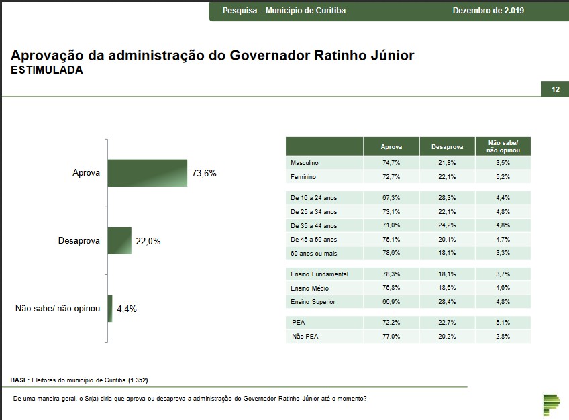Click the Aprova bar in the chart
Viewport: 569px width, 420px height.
[x=147, y=173]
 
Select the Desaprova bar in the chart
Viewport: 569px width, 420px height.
[x=119, y=241]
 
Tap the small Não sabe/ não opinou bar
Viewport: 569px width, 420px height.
[x=110, y=309]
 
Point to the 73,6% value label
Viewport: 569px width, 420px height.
[x=204, y=173]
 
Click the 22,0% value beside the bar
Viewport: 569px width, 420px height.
[x=148, y=241]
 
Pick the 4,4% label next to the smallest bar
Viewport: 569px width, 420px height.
[x=127, y=309]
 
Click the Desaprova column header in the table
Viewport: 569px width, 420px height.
[x=447, y=146]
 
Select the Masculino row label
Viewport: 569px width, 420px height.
[x=305, y=163]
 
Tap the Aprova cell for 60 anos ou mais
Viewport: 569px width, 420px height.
[x=391, y=252]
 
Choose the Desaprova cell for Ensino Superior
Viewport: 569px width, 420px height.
[x=447, y=302]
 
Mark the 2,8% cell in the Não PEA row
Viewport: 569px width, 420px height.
[x=503, y=336]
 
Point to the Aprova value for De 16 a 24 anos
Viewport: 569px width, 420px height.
[x=391, y=198]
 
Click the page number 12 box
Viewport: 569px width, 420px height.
[x=555, y=89]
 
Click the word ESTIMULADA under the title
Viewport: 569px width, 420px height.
[x=47, y=70]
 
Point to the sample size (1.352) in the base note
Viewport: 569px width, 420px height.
[x=138, y=380]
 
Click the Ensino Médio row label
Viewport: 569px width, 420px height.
[x=310, y=288]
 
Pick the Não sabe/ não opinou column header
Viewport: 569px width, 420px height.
[x=503, y=146]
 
